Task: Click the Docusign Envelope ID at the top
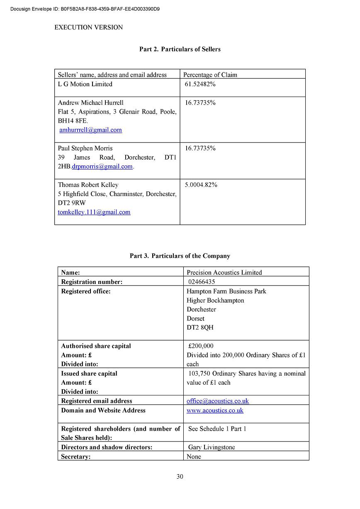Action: coord(85,9)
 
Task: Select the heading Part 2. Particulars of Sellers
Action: coord(180,49)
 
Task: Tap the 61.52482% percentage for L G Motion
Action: coord(200,84)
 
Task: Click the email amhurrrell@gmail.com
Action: coord(90,130)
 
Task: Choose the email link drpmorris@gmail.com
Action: coord(102,167)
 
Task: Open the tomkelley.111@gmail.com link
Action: coord(94,212)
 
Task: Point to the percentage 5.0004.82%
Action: coord(201,185)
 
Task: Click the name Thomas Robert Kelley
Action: coord(88,185)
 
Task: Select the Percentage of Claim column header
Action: coord(210,75)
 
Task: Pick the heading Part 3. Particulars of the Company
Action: coord(180,256)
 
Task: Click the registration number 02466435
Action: coord(202,282)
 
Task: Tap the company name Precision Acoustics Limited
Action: coord(224,273)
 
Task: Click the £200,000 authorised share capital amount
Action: coord(201,346)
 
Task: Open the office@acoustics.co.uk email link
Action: coord(218,401)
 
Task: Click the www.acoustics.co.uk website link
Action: coord(215,410)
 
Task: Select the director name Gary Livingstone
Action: coord(212,447)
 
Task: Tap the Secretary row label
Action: coord(76,457)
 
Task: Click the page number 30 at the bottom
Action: coord(180,477)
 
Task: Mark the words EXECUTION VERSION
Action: coord(89,28)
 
